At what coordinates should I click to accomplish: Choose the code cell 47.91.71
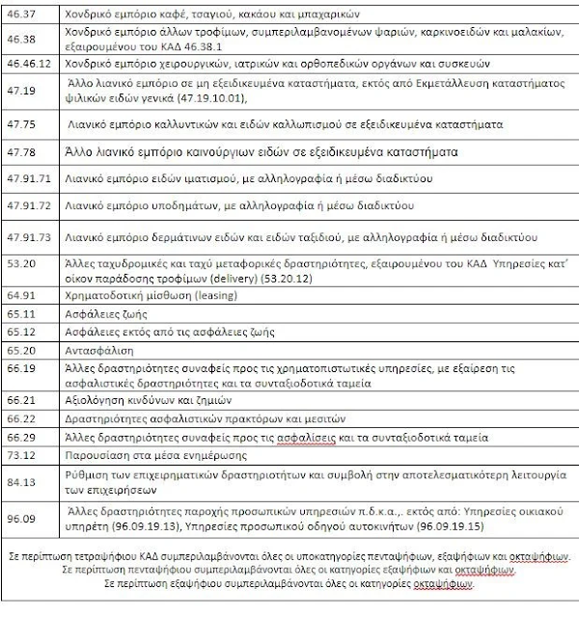click(28, 180)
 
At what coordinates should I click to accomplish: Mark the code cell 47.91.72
click(28, 207)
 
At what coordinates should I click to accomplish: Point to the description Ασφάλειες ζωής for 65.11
click(103, 313)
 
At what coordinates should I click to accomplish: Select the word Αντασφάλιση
click(98, 350)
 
